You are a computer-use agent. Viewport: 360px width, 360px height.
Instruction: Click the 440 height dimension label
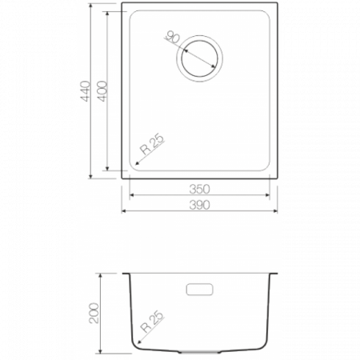pos(86,91)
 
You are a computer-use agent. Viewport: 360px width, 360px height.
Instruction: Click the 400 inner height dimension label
pos(102,91)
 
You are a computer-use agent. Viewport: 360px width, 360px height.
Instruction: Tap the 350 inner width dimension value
pos(199,189)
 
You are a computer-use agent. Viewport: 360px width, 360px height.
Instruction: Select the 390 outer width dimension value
pos(199,205)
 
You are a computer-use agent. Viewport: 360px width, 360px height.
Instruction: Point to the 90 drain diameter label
pos(173,37)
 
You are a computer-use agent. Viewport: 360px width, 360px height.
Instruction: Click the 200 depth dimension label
pos(94,313)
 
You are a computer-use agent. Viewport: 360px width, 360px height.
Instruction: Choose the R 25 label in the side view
pos(152,321)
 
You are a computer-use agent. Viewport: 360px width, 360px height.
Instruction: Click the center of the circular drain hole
pos(199,58)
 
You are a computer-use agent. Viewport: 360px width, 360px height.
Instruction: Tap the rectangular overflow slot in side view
pos(199,290)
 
